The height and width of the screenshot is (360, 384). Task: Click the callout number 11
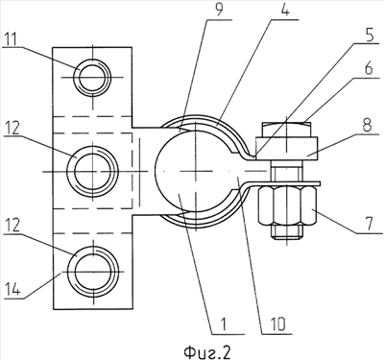(12, 40)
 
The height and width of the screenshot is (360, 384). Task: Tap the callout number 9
(219, 11)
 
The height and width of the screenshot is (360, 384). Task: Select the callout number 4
(285, 11)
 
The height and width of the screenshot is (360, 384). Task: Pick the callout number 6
(370, 68)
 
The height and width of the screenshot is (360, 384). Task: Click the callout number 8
(367, 127)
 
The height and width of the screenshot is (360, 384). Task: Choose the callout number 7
(370, 224)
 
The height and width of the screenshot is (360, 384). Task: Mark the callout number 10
(277, 325)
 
